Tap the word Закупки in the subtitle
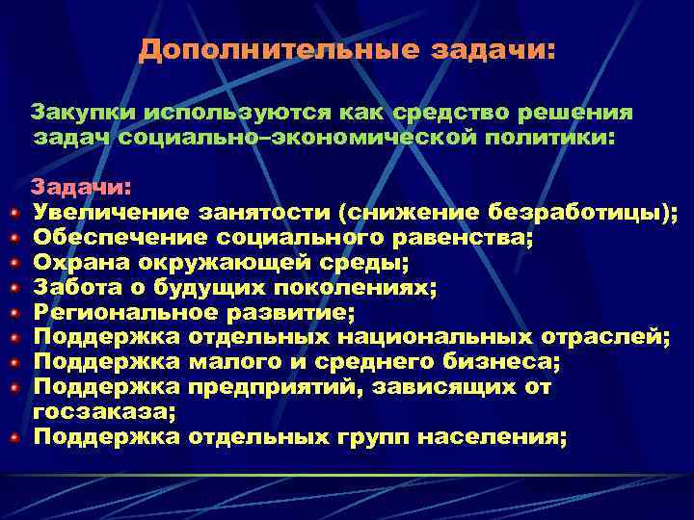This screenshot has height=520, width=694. click(x=79, y=113)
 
